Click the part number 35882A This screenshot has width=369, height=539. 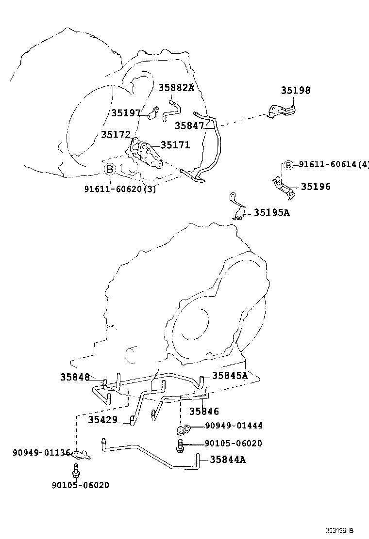(176, 88)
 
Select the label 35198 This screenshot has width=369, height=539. (295, 91)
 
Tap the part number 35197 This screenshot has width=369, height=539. (125, 113)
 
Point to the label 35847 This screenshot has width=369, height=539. (189, 126)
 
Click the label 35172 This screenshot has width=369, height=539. (116, 134)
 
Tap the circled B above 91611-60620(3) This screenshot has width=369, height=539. (110, 169)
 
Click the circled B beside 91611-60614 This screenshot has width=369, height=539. (288, 165)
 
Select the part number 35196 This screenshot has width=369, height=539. (316, 186)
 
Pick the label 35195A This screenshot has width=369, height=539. (271, 212)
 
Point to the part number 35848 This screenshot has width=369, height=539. (75, 377)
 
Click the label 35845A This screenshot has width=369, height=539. (230, 375)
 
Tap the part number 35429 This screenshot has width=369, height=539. (102, 419)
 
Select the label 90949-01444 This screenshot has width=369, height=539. (234, 426)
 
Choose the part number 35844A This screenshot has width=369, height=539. (228, 460)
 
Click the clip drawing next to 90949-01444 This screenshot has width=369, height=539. (182, 429)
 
